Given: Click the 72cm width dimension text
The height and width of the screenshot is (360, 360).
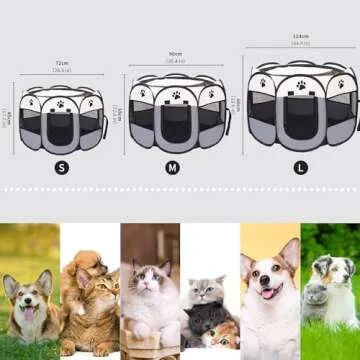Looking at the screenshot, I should (61, 63).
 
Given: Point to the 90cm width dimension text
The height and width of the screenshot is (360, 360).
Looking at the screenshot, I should (175, 55).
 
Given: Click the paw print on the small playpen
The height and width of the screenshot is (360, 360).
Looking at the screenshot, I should (60, 100).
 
